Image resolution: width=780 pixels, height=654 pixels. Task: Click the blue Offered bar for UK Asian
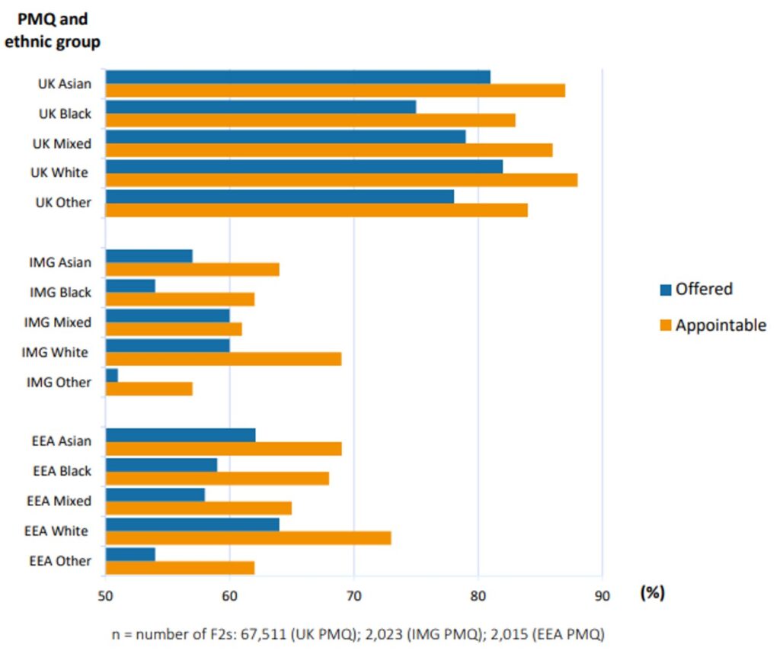pyautogui.click(x=297, y=77)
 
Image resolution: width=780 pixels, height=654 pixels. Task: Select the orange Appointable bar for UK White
pyautogui.click(x=341, y=180)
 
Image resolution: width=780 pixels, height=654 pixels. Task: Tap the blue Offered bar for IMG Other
pyautogui.click(x=111, y=375)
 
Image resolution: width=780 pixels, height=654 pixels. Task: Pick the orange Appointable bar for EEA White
pyautogui.click(x=248, y=538)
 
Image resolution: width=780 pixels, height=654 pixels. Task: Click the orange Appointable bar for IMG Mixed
pyautogui.click(x=174, y=329)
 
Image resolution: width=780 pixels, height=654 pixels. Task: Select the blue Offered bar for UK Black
pyautogui.click(x=261, y=107)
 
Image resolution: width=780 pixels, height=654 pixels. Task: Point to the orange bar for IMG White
pyautogui.click(x=223, y=359)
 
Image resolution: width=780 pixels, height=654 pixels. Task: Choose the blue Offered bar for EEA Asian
pyautogui.click(x=181, y=435)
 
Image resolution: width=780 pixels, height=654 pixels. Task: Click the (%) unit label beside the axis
pyautogui.click(x=652, y=592)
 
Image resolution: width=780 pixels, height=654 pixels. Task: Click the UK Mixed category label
pyautogui.click(x=62, y=143)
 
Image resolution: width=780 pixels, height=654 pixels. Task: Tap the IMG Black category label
pyautogui.click(x=60, y=292)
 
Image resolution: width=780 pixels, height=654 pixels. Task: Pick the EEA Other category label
pyautogui.click(x=62, y=561)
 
